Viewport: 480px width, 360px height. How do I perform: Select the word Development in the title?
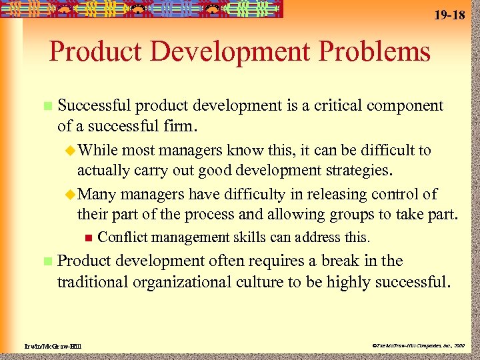coord(223,51)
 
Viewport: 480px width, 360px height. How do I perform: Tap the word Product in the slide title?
coord(89,51)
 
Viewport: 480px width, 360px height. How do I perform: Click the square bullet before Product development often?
coord(46,261)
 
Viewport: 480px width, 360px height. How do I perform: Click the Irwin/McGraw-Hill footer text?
coord(44,345)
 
